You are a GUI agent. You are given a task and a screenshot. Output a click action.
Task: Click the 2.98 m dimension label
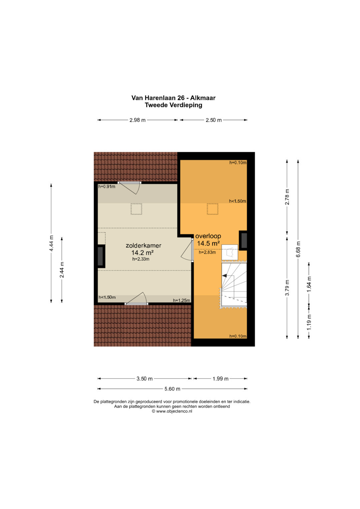coord(137,120)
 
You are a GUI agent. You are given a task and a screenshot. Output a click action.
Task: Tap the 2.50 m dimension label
coord(214,120)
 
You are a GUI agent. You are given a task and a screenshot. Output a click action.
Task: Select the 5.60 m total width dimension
coord(172,389)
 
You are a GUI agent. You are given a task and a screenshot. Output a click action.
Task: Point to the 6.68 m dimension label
coord(298,249)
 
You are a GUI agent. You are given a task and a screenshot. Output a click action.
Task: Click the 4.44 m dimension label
coord(52,243)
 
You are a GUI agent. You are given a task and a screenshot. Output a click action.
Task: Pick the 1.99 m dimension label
coord(220,379)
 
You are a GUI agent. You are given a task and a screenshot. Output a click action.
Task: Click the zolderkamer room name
coord(143,245)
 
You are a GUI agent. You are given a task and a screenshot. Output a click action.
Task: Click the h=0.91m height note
coord(107,187)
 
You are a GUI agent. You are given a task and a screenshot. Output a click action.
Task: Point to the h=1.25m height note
coord(181,300)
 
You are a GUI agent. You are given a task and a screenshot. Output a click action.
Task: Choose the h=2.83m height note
coord(207,252)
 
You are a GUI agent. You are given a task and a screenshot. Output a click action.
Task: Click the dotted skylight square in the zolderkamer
coord(136,209)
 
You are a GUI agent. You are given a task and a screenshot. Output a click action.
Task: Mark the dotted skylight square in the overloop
coord(213,209)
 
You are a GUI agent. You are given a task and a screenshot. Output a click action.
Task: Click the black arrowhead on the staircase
coord(224,276)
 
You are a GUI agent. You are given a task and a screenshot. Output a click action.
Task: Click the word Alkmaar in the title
coord(203,98)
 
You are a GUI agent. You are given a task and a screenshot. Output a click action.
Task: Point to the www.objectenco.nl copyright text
coord(172,411)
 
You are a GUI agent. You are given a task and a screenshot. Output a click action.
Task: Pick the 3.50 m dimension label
coord(144,379)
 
